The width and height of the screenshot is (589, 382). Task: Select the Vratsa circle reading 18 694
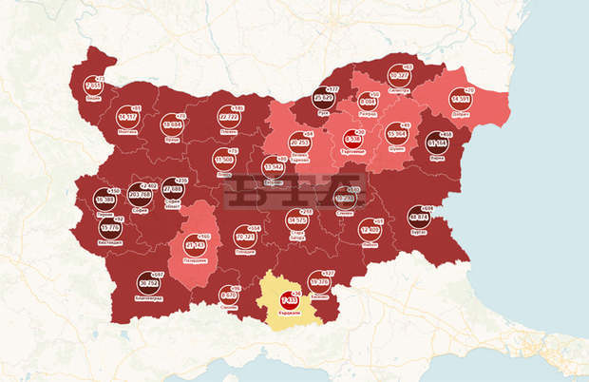[172, 124]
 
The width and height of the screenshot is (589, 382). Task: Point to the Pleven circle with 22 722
[228, 114]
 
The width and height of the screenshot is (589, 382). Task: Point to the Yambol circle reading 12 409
[370, 229]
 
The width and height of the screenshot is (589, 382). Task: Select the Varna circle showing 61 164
[438, 144]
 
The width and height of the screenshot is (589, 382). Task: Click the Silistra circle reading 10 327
[398, 75]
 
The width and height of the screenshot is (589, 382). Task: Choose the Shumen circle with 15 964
[398, 136]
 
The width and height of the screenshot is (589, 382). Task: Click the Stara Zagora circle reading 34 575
[296, 221]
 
